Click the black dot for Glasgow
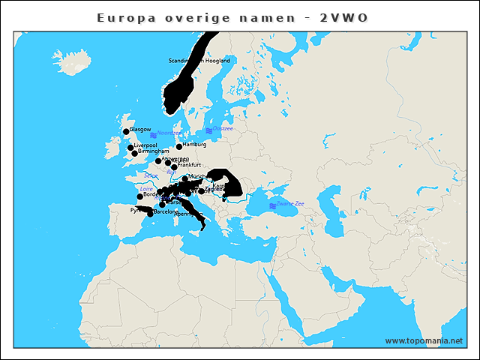pyautogui.click(x=126, y=132)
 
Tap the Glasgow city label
pyautogui.click(x=140, y=129)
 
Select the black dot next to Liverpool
pyautogui.click(x=130, y=148)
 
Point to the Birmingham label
pyautogui.click(x=154, y=151)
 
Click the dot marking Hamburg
pyautogui.click(x=179, y=146)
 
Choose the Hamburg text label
pyautogui.click(x=194, y=144)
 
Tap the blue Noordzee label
pyautogui.click(x=169, y=133)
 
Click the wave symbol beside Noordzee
pyautogui.click(x=153, y=135)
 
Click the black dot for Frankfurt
pyautogui.click(x=174, y=167)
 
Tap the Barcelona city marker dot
pyautogui.click(x=151, y=214)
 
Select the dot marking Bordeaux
pyautogui.click(x=140, y=196)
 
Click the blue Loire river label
pyautogui.click(x=146, y=189)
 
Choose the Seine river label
pyautogui.click(x=150, y=175)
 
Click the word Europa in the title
pyautogui.click(x=123, y=17)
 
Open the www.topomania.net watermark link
pyautogui.click(x=424, y=340)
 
